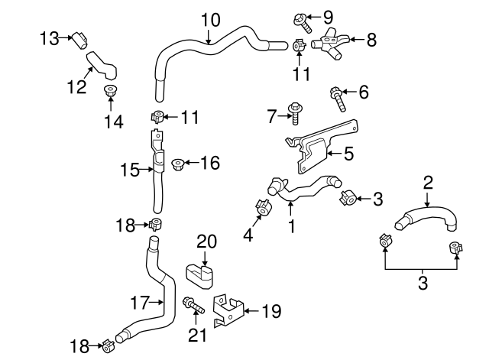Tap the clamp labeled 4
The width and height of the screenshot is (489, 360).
(x=261, y=207)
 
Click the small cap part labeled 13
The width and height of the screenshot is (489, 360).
(x=79, y=37)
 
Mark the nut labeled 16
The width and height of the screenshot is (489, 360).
(x=177, y=163)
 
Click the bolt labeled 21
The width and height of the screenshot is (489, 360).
(x=192, y=307)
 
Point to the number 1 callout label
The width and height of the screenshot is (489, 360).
(x=290, y=226)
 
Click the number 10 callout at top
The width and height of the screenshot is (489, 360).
(x=210, y=18)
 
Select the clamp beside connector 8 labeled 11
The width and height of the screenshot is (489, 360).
(x=300, y=48)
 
